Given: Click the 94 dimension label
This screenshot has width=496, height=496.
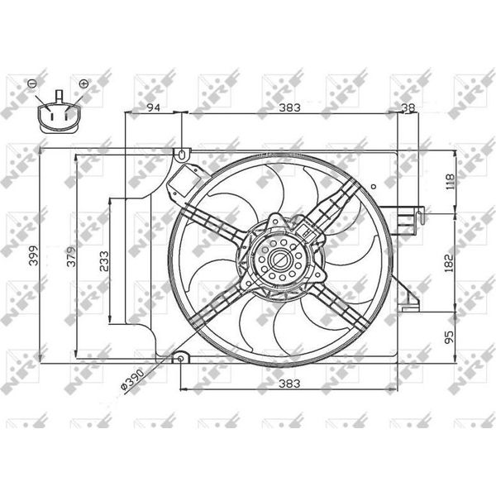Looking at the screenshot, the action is tap(154, 107).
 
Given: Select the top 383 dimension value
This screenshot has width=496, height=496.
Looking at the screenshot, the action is tap(289, 107).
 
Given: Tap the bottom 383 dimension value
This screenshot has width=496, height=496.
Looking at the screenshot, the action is tap(289, 384).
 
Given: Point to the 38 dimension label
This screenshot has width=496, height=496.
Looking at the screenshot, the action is tap(408, 107).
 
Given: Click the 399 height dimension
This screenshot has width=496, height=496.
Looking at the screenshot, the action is tap(33, 255).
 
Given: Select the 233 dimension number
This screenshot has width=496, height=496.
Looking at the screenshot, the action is tap(104, 261).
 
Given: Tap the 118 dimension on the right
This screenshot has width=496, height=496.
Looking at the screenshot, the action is tap(450, 182).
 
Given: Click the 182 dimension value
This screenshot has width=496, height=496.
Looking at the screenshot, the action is tap(449, 262).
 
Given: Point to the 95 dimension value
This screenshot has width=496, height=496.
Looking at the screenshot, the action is tap(449, 337).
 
